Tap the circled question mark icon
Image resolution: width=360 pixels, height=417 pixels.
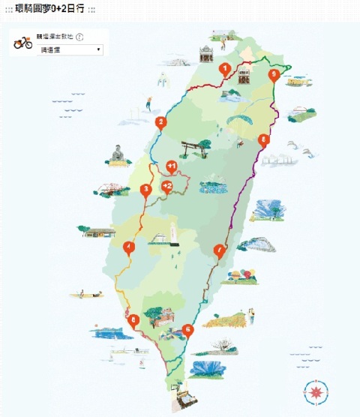tap(79, 37)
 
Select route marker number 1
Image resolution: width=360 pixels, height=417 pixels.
tap(223, 68)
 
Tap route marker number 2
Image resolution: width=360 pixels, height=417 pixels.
tap(159, 123)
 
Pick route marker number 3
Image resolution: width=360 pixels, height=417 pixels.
tap(146, 189)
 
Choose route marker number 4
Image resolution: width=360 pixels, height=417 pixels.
tap(129, 247)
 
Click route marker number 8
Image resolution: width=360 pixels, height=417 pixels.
tap(262, 139)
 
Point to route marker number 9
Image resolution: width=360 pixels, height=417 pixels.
tap(274, 74)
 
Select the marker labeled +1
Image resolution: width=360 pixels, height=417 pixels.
tap(171, 166)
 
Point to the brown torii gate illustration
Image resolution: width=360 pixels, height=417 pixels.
tap(193, 148)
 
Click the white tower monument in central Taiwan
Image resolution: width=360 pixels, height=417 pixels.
tap(172, 234)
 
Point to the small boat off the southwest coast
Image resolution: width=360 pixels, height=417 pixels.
tap(85, 295)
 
